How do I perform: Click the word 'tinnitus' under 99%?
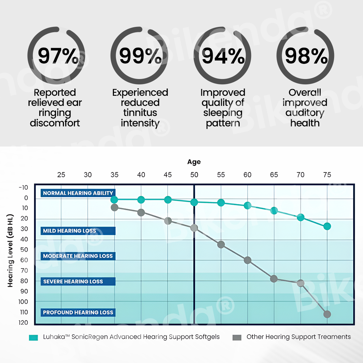click(x=140, y=113)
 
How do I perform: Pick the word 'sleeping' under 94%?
click(x=223, y=113)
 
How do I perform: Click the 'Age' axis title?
click(x=194, y=162)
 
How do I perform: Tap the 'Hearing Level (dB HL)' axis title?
click(x=10, y=250)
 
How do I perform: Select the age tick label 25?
click(x=61, y=175)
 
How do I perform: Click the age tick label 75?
click(x=327, y=175)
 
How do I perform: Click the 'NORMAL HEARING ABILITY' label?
click(x=78, y=193)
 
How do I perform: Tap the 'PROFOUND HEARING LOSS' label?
click(x=78, y=312)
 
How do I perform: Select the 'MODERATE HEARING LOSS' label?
click(x=78, y=256)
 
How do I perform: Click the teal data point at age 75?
click(x=327, y=226)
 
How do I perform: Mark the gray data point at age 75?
click(x=327, y=314)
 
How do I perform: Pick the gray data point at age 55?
click(x=221, y=244)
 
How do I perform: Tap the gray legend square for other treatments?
click(x=237, y=337)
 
